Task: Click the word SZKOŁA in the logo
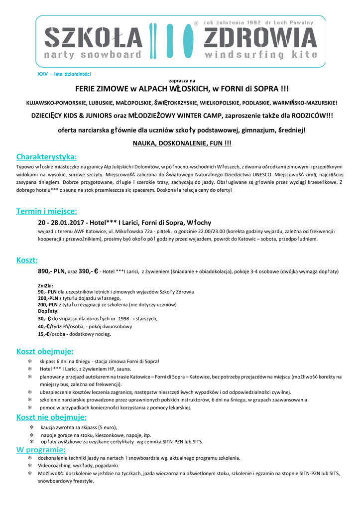pos(94,38)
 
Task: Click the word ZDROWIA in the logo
pos(260,38)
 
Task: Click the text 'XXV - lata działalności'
pos(64,74)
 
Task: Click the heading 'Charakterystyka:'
pos(46,157)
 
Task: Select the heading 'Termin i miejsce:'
pos(46,211)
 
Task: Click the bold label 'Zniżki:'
pos(46,285)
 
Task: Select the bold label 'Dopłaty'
pos(48,311)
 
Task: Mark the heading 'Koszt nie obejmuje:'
pos(51,417)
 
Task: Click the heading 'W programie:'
pos(41,450)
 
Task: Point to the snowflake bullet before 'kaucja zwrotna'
pos(31,427)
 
